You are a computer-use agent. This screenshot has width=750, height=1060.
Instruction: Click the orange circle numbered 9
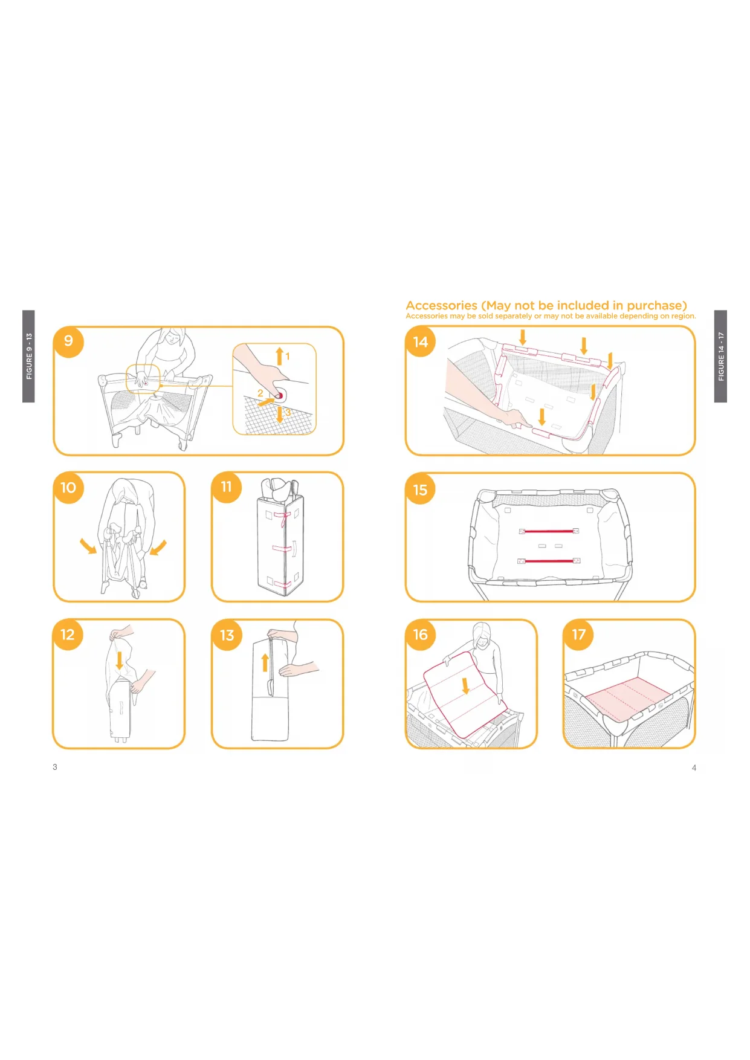pyautogui.click(x=69, y=341)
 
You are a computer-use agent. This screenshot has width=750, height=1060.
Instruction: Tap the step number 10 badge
pyautogui.click(x=68, y=488)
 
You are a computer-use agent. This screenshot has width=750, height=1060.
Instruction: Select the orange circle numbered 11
pyautogui.click(x=227, y=487)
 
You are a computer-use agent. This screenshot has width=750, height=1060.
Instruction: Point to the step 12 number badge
pyautogui.click(x=68, y=635)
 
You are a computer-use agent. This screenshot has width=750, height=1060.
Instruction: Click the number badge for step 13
pyautogui.click(x=227, y=635)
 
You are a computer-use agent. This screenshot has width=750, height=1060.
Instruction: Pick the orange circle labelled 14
pyautogui.click(x=421, y=342)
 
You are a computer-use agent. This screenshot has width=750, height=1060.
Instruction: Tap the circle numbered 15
pyautogui.click(x=421, y=490)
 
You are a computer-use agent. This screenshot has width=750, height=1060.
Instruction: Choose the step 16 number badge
pyautogui.click(x=421, y=635)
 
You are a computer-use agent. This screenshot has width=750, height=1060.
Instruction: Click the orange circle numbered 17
pyautogui.click(x=579, y=635)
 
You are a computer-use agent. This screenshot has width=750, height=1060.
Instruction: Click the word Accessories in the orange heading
pyautogui.click(x=442, y=306)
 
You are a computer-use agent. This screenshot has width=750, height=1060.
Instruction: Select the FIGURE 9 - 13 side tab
pyautogui.click(x=28, y=357)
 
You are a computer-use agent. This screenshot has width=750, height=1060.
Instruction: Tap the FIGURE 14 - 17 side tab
pyautogui.click(x=720, y=357)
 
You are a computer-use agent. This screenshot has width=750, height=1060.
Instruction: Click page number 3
pyautogui.click(x=55, y=767)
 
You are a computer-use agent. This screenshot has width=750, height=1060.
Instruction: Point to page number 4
pyautogui.click(x=694, y=768)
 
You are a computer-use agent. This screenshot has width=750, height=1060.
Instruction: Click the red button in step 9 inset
pyautogui.click(x=280, y=396)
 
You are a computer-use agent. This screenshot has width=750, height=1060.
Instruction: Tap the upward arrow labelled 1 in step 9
pyautogui.click(x=279, y=356)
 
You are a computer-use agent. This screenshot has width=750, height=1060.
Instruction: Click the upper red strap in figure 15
pyautogui.click(x=549, y=531)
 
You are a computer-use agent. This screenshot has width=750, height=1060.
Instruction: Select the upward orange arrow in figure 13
pyautogui.click(x=265, y=662)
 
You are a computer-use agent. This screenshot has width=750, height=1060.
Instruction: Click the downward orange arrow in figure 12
pyautogui.click(x=120, y=660)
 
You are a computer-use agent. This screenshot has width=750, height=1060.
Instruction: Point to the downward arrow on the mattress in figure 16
pyautogui.click(x=465, y=685)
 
